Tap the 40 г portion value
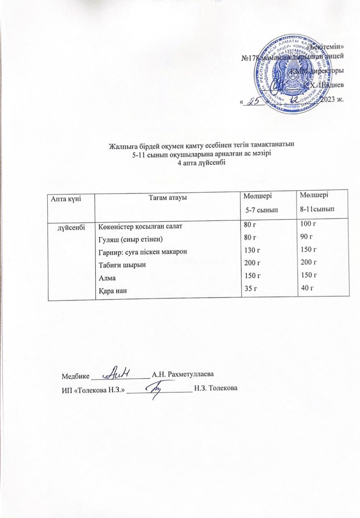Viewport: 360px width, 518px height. coord(308,287)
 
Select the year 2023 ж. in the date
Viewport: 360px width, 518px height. coord(331,100)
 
